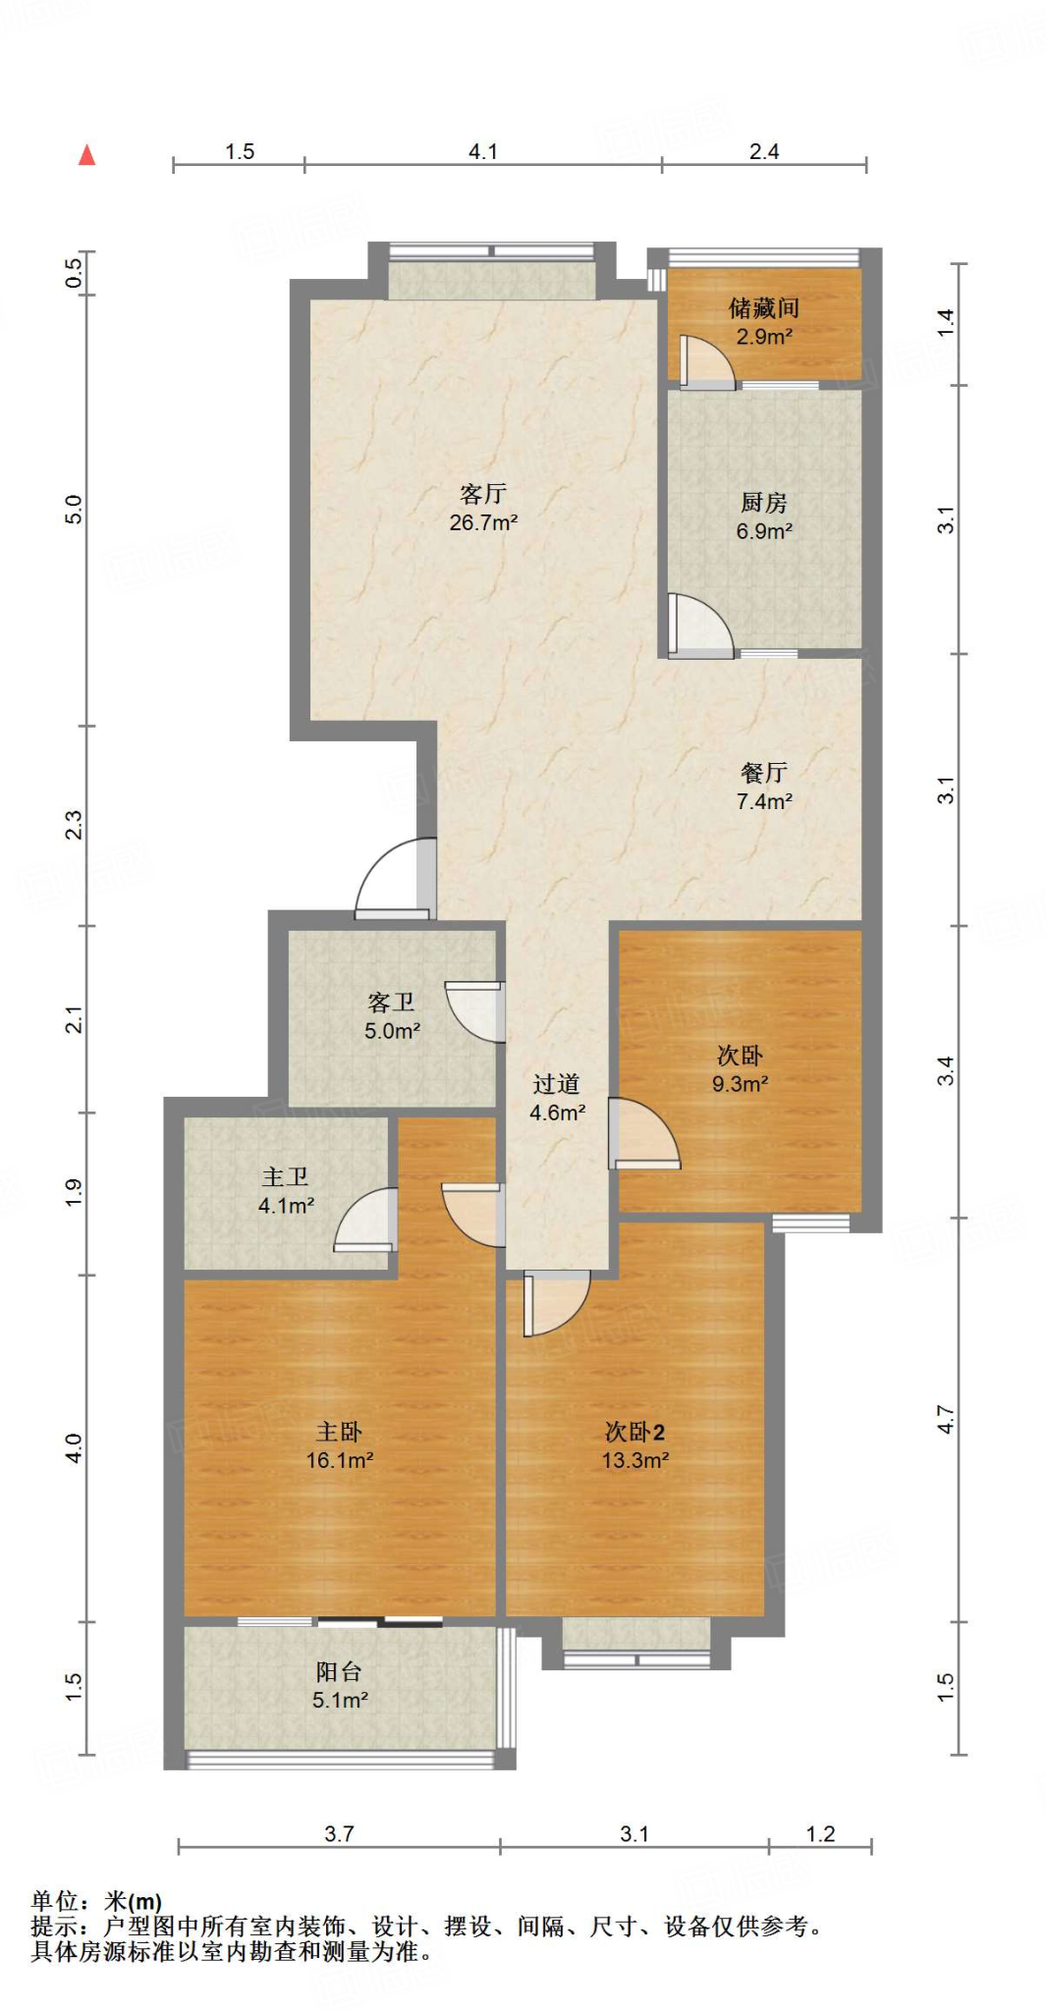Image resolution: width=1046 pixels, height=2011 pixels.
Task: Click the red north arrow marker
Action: point(87,154)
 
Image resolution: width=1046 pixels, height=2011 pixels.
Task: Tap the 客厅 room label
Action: point(483,494)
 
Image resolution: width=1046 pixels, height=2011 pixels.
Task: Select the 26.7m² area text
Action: point(483,522)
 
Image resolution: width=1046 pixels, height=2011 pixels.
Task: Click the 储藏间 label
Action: point(764,308)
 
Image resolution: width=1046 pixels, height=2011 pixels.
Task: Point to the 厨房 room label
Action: point(764,503)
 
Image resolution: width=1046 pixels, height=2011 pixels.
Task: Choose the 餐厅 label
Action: point(764,773)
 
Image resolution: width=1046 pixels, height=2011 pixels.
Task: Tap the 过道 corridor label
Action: point(557,1084)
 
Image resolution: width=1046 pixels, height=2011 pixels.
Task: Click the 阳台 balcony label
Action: point(340,1671)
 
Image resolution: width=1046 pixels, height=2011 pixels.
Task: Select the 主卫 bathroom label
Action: point(286,1176)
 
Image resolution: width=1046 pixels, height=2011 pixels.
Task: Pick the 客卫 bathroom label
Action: point(392,1003)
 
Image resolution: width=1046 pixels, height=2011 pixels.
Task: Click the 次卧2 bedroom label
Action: point(634,1432)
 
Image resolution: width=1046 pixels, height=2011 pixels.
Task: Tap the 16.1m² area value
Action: point(340,1460)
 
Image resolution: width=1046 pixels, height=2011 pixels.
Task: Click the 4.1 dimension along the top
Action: point(483,151)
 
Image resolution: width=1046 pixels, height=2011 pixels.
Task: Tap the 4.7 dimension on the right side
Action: point(945,1420)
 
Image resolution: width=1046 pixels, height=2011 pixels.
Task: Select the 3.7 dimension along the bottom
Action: point(339,1833)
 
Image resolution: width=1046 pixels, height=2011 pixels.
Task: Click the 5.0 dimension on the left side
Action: point(74,510)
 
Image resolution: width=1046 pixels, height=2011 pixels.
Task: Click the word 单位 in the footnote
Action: point(54,1902)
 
